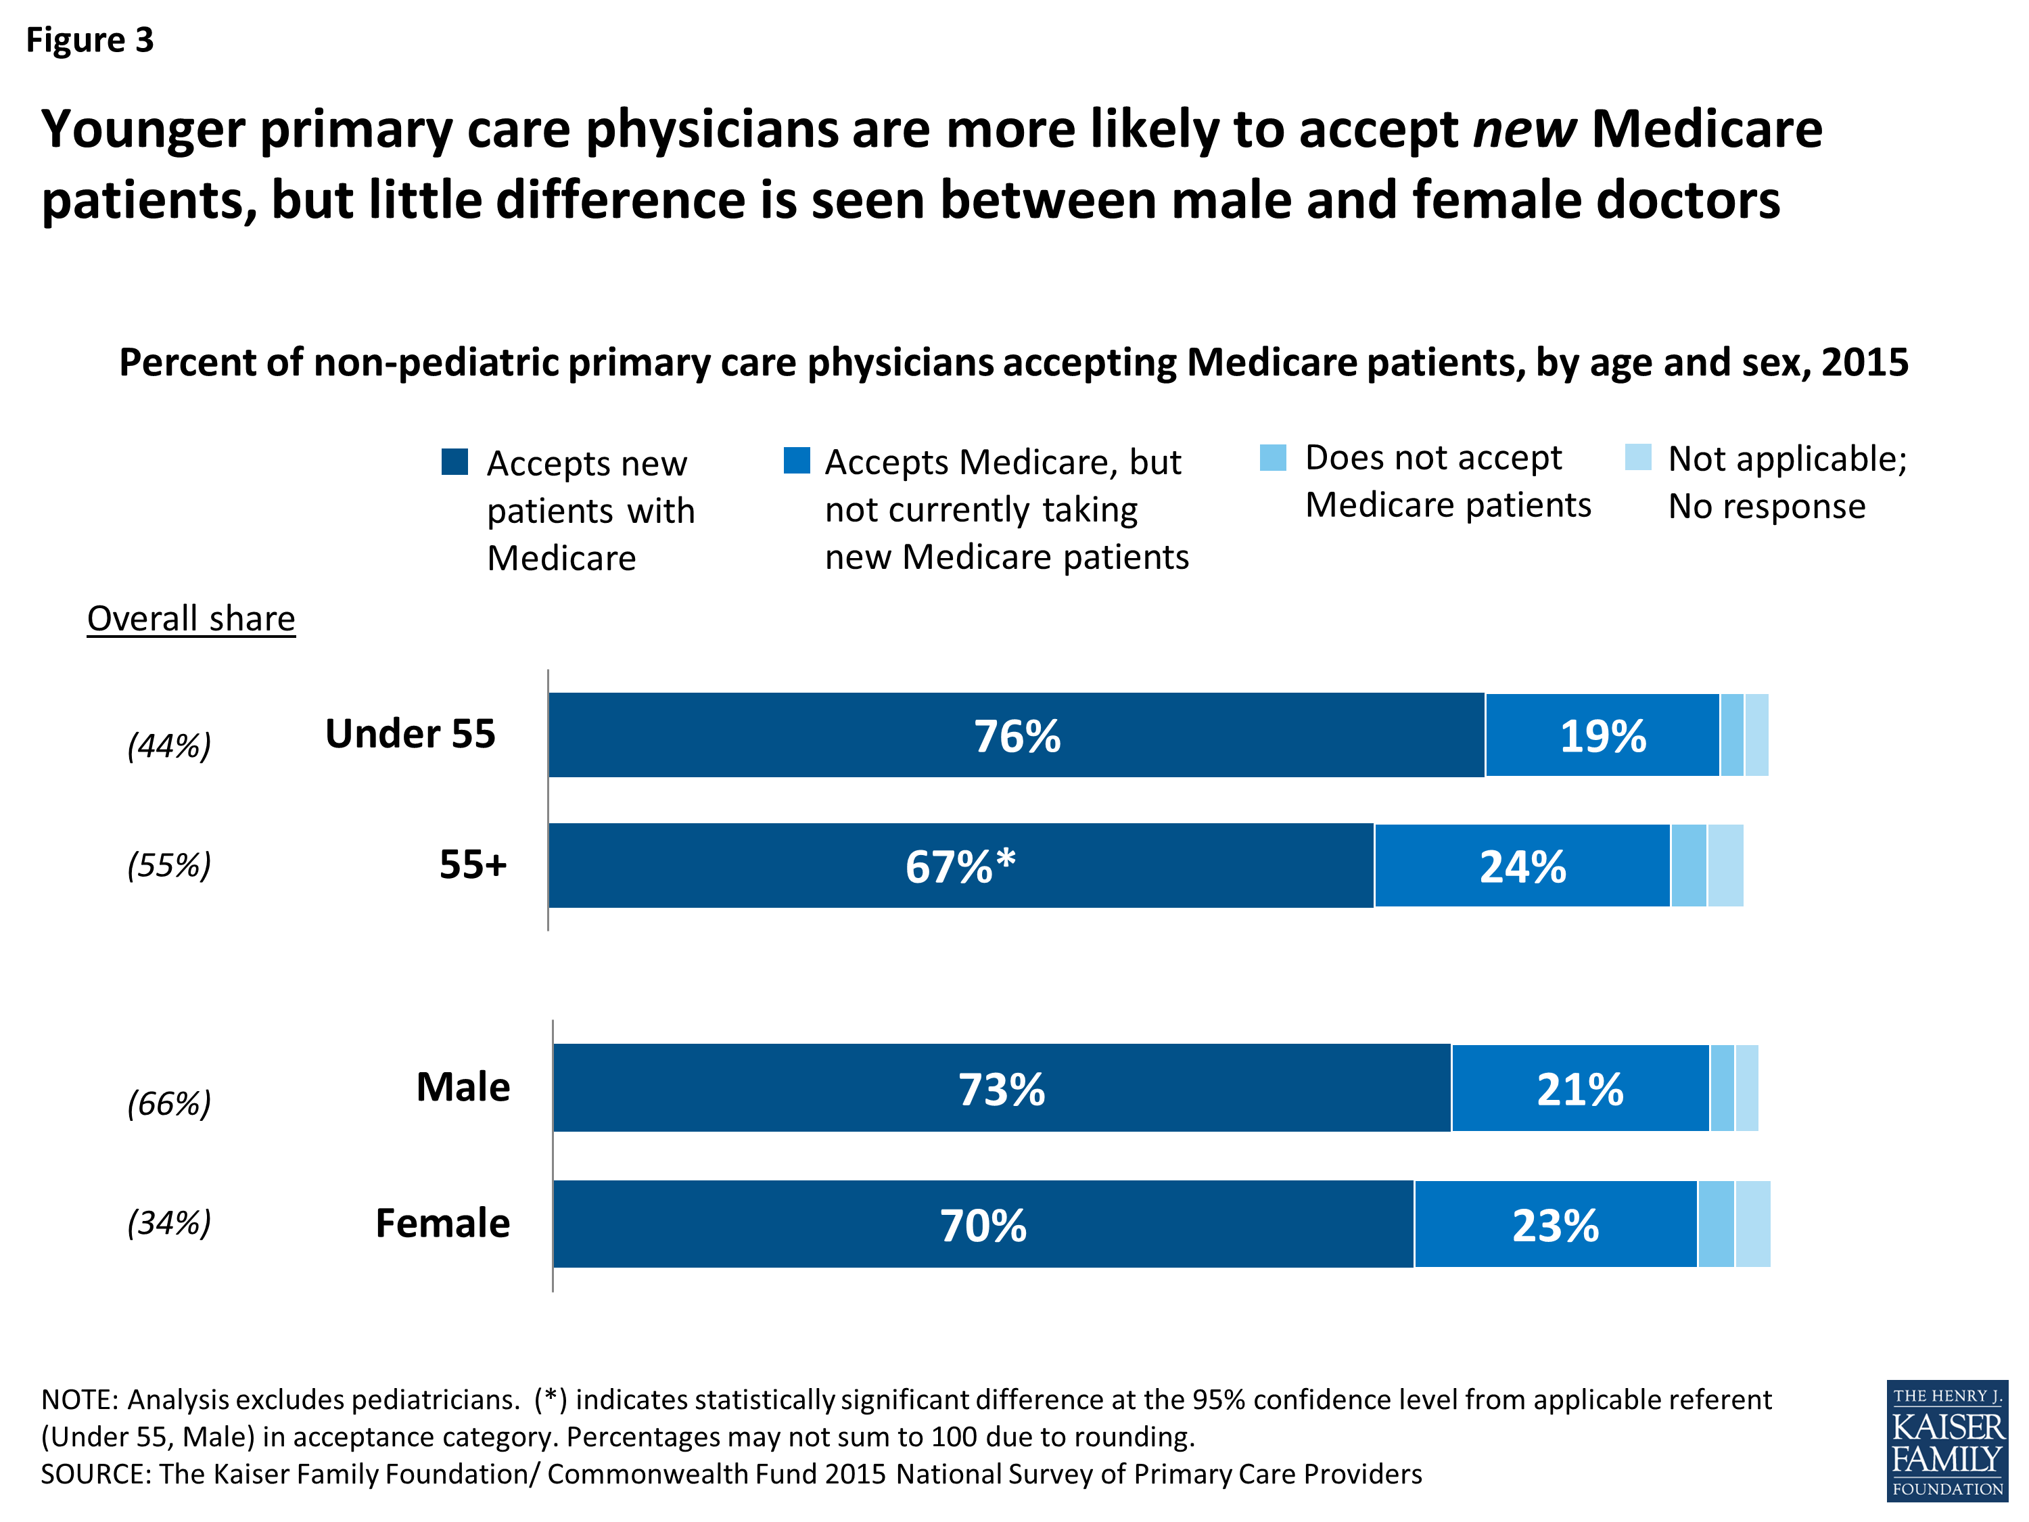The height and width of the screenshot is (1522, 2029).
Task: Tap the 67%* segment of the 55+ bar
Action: tap(960, 865)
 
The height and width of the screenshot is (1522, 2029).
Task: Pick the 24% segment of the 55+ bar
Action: tap(1522, 865)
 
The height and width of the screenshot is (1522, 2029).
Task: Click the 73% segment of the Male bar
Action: tap(1002, 1088)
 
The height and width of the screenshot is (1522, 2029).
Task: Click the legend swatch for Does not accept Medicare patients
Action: tap(1272, 457)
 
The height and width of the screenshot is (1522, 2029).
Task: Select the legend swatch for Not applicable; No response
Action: tap(1637, 457)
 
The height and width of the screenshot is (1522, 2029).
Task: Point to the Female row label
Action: tap(442, 1223)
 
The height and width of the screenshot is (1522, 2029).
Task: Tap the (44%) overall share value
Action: tap(169, 745)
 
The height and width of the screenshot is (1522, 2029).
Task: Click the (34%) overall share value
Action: tap(169, 1222)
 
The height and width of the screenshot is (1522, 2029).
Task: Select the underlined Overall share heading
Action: tap(191, 618)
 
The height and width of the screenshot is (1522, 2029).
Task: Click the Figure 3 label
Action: tap(89, 39)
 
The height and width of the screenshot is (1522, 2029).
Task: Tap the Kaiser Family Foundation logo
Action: tap(1946, 1440)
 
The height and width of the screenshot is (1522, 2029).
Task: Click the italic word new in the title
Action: tap(1524, 129)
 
